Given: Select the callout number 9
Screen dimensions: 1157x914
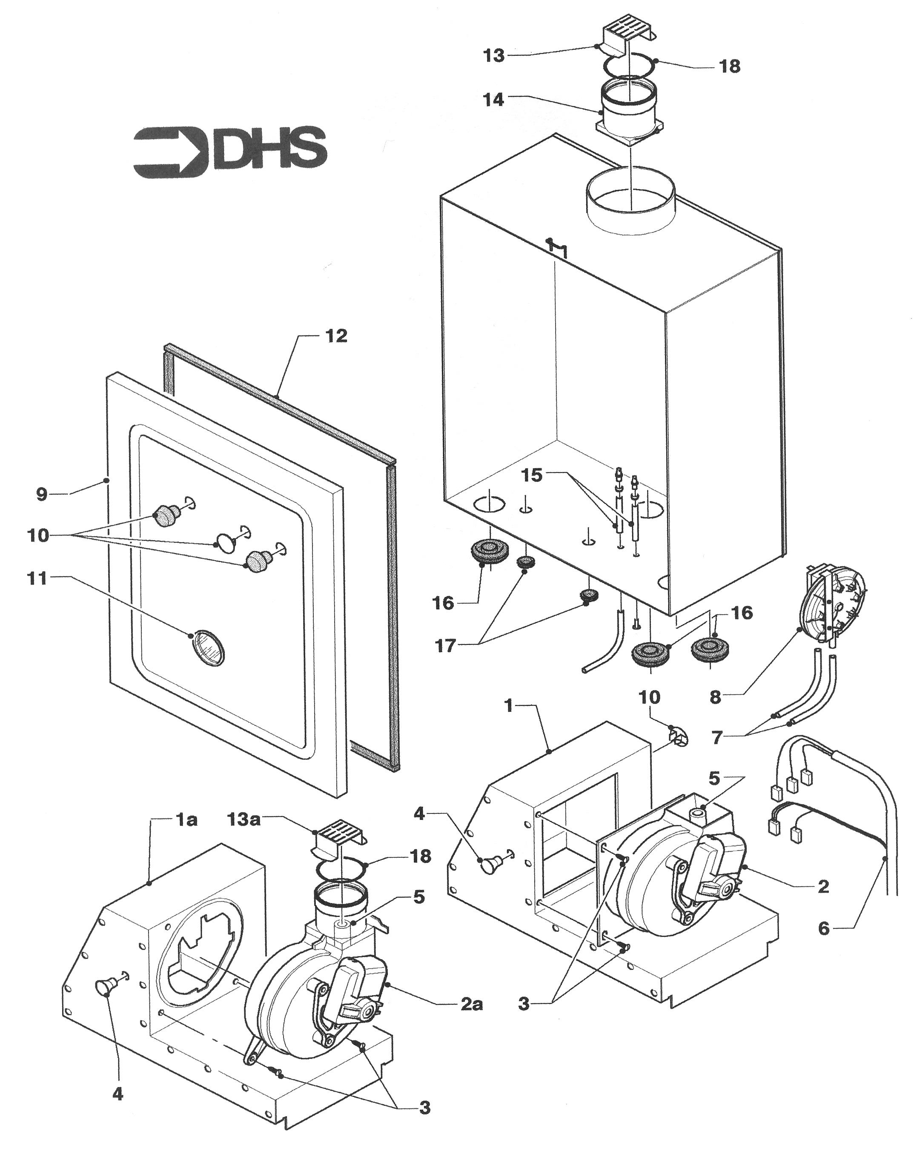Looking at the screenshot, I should tap(42, 494).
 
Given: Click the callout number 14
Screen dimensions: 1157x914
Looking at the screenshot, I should tap(493, 100).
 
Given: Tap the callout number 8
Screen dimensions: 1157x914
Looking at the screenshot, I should tap(716, 697).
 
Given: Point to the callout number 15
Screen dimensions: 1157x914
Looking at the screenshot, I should tap(532, 475).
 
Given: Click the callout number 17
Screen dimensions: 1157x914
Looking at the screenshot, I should tap(445, 646).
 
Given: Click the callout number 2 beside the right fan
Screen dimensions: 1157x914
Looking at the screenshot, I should tap(823, 887).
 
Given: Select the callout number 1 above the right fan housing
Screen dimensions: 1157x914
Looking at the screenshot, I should tap(508, 706).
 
